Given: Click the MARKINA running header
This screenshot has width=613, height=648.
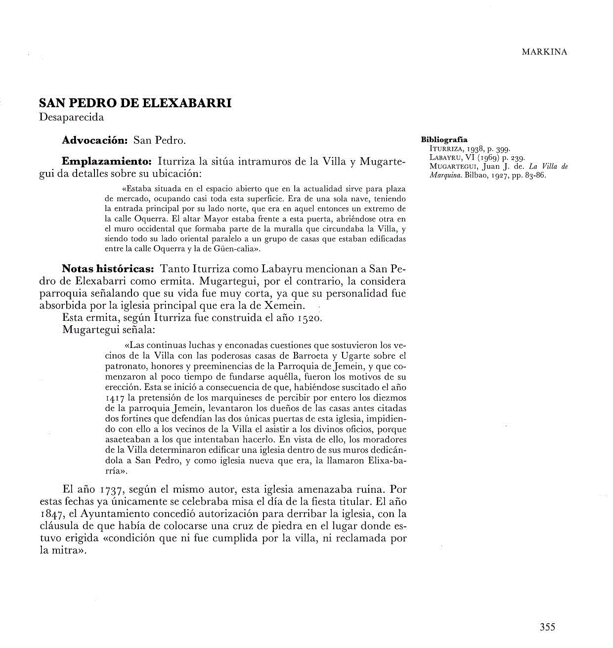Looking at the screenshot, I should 544,52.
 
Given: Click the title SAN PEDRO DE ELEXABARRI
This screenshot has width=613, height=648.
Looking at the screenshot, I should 135,103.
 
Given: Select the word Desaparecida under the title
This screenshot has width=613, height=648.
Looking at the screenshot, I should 71,117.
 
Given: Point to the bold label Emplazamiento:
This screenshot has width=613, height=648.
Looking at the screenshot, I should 106,162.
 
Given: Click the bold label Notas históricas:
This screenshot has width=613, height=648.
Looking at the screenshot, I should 108,269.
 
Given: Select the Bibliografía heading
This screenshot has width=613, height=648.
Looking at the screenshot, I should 444,139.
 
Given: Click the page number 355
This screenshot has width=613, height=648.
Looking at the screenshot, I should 547,627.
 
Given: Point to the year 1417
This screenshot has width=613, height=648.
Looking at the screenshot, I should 116,398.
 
